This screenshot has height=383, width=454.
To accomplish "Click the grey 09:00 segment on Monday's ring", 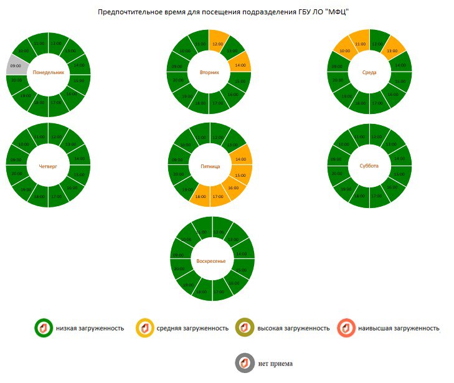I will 16,65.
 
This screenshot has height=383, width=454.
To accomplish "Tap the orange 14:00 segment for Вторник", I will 239,64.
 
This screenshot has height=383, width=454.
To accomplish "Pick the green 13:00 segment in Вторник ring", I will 232,51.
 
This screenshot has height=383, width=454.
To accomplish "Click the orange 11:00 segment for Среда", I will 359,43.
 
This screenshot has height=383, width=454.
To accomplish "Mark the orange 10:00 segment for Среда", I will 344,50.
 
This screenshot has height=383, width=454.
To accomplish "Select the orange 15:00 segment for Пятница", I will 241,176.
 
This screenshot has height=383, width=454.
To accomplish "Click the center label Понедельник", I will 49,73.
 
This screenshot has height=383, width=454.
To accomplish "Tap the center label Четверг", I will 48,166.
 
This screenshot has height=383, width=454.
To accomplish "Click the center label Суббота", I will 369,166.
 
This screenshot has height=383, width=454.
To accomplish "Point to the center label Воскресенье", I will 210,260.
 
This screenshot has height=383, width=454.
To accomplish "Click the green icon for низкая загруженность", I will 43,328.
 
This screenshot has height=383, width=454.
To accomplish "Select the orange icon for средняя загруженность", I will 144,328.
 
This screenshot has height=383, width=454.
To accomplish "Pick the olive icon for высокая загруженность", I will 244,328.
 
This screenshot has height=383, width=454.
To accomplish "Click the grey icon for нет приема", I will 245,363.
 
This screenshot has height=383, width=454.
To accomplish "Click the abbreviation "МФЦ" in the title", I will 337,12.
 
